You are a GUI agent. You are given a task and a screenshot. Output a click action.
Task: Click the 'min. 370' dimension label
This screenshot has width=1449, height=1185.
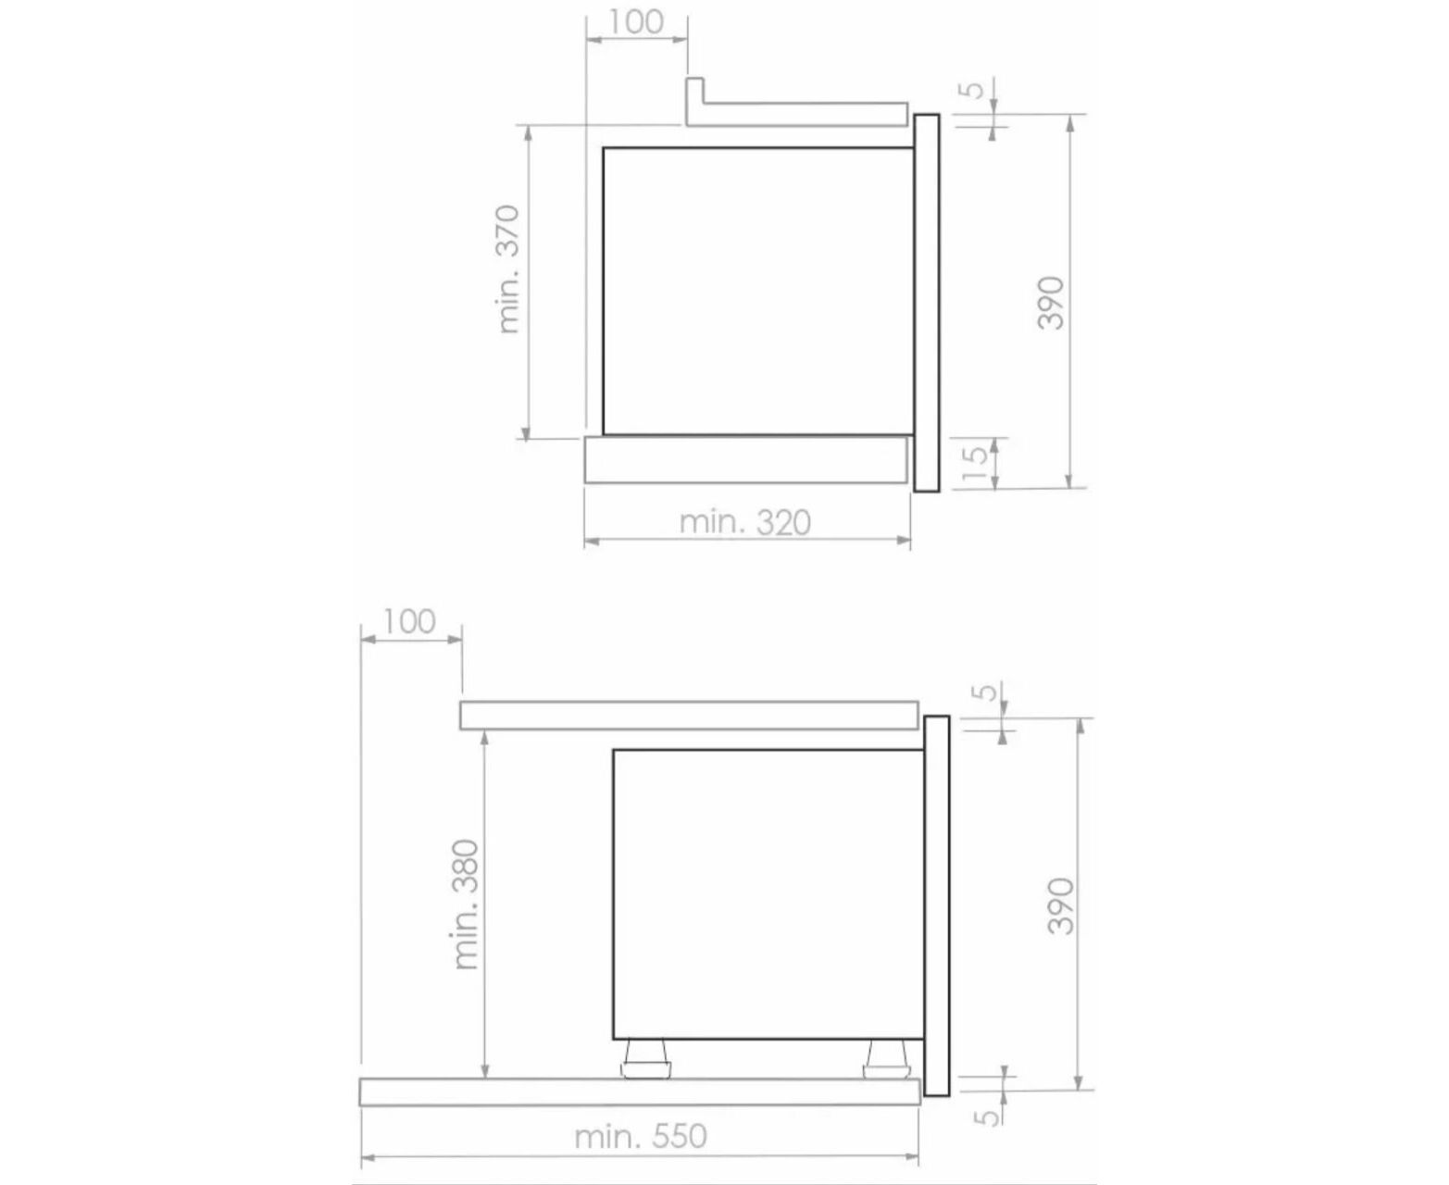tap(509, 269)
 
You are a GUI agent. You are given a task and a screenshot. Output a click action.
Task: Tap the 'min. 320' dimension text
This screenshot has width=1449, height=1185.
tap(744, 523)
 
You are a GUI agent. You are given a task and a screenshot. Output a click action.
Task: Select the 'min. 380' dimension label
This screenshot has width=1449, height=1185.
tap(467, 904)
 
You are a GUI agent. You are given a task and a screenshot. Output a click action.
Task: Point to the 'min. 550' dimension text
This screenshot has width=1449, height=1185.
tap(641, 1136)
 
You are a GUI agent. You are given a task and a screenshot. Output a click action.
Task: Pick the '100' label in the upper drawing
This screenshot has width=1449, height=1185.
tap(636, 22)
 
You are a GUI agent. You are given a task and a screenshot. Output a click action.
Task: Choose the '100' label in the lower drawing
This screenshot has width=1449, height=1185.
tap(409, 622)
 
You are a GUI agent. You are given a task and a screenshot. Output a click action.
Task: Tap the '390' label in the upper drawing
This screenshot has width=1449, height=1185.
tap(1050, 303)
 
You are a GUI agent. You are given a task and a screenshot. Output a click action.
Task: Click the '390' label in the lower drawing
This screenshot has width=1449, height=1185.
tap(1060, 905)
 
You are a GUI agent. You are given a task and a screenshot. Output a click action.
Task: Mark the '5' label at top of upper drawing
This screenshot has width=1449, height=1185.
tap(975, 90)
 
